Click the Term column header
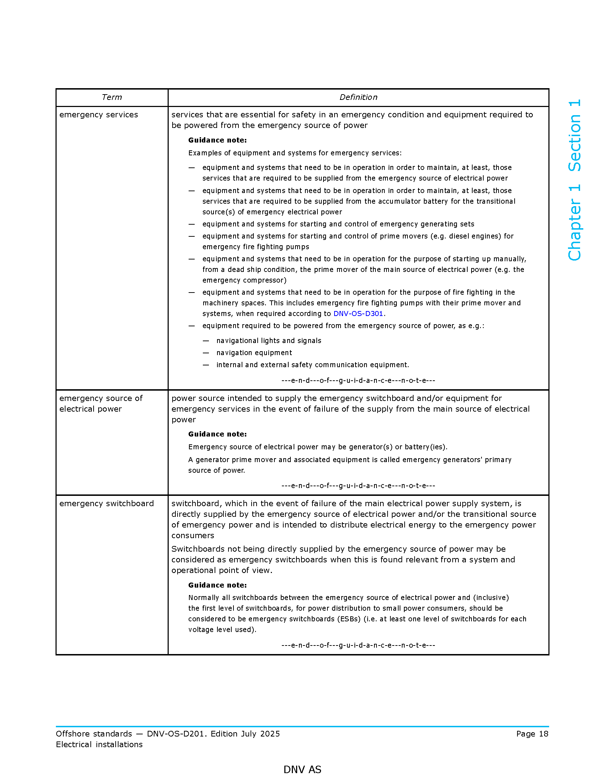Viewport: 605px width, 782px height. point(111,97)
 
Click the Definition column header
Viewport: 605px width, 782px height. point(358,97)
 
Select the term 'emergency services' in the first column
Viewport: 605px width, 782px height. point(99,115)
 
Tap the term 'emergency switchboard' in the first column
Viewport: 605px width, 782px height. point(106,503)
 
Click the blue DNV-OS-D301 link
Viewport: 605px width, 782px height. point(358,314)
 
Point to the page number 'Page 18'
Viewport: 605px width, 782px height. point(532,734)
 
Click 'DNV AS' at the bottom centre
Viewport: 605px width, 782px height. point(302,770)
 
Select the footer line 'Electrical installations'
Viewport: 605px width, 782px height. point(99,744)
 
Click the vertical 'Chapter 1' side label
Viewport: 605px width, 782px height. point(574,223)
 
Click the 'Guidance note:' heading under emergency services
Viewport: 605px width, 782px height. point(217,140)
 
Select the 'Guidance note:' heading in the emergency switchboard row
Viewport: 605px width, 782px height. point(217,585)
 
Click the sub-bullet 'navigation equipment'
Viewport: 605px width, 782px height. point(254,353)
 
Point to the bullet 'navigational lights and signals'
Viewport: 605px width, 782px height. point(269,341)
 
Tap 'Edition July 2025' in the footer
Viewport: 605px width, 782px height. point(245,734)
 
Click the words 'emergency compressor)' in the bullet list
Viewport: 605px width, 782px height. point(244,280)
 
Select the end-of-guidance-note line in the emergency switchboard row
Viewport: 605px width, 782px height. point(358,645)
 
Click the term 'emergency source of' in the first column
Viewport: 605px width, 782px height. point(101,398)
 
